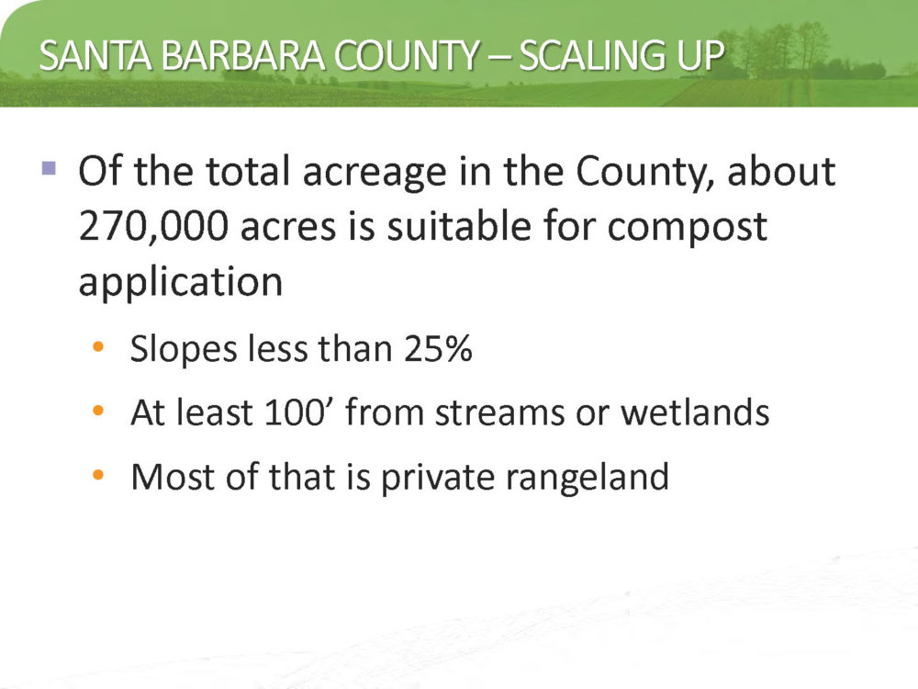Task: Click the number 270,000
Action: tap(153, 227)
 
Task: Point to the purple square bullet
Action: tap(50, 169)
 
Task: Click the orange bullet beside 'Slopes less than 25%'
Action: tap(98, 347)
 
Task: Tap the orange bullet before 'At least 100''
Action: tap(98, 411)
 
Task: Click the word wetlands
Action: tap(695, 412)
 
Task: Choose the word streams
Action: tap(500, 413)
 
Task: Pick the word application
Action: tap(181, 282)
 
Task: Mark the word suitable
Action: tap(458, 226)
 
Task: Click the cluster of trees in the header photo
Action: tap(785, 50)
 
